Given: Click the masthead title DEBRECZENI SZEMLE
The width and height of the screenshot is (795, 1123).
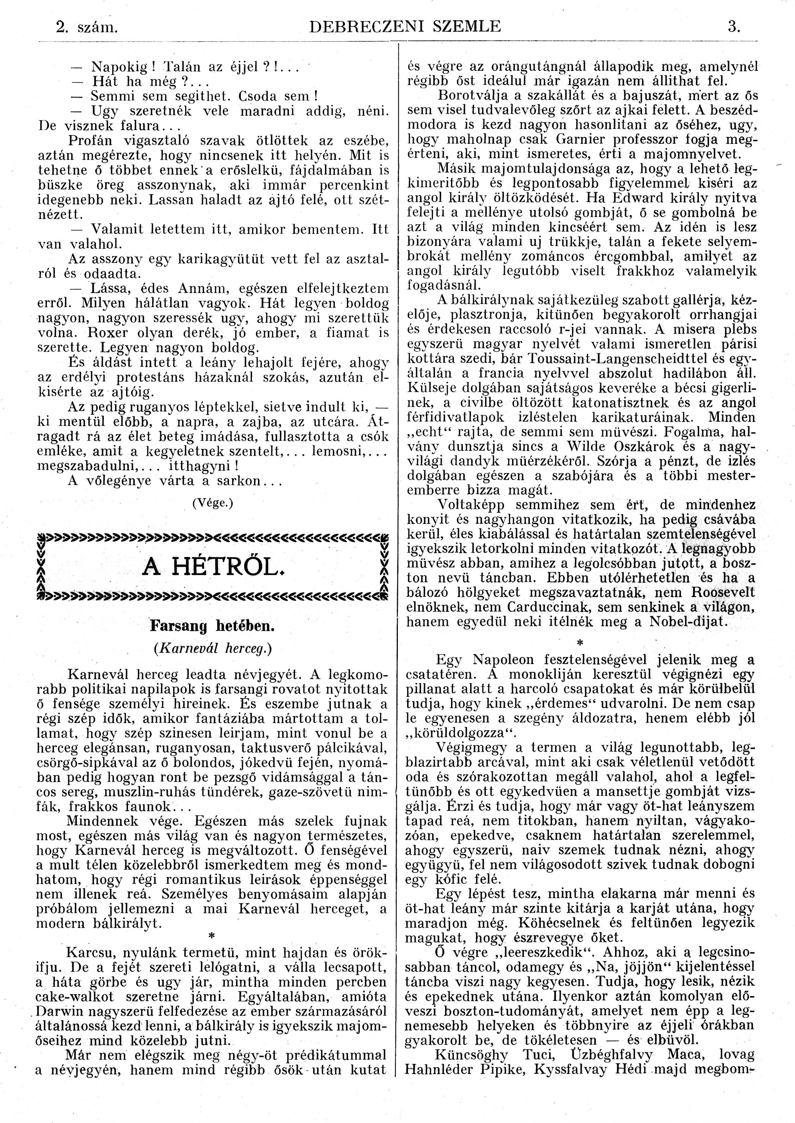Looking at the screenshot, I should [x=406, y=26].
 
